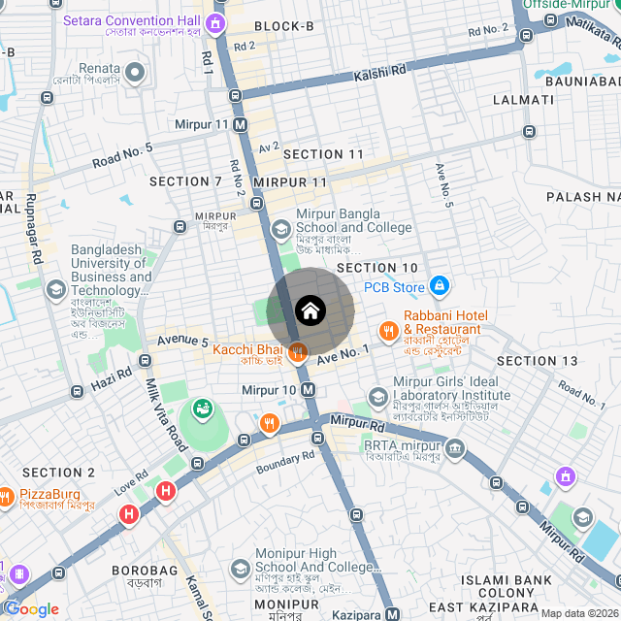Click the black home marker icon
[310, 310]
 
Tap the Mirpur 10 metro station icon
[309, 389]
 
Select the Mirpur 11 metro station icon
[240, 124]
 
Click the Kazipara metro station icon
[392, 613]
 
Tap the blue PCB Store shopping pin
[440, 286]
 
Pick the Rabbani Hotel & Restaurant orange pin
[388, 330]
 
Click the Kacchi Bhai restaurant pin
[298, 349]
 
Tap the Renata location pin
[135, 72]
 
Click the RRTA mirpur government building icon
[455, 446]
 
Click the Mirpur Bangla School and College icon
[280, 230]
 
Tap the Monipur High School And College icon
[240, 568]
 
